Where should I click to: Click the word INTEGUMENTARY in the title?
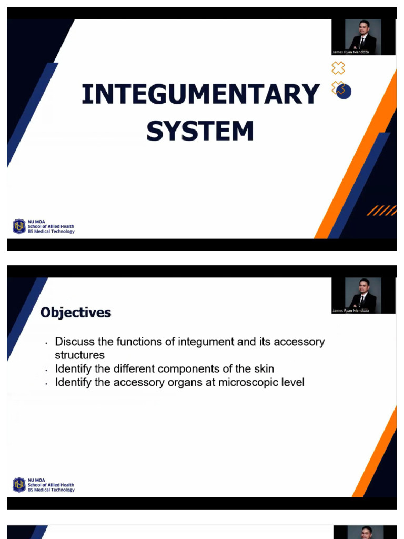[200, 95]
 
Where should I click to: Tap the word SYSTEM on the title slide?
[200, 131]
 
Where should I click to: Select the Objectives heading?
[76, 313]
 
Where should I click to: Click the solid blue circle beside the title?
[344, 91]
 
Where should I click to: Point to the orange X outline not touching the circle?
[338, 67]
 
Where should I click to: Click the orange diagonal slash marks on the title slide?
[381, 211]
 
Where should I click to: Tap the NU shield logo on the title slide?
[19, 227]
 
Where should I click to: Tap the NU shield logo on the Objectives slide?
[19, 485]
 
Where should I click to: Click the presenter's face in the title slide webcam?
[362, 29]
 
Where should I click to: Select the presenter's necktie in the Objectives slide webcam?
[362, 301]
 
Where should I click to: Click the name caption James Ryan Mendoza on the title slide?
[350, 52]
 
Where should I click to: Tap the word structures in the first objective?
[79, 355]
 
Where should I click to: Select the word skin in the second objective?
[263, 368]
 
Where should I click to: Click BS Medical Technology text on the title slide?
[51, 232]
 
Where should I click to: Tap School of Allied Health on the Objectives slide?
[51, 485]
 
